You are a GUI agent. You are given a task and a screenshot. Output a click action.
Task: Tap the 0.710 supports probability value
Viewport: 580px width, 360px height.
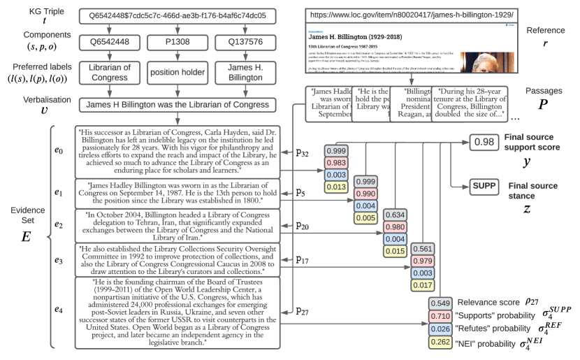(442, 316)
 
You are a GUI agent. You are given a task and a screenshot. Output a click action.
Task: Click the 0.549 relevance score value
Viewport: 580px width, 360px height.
(442, 303)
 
